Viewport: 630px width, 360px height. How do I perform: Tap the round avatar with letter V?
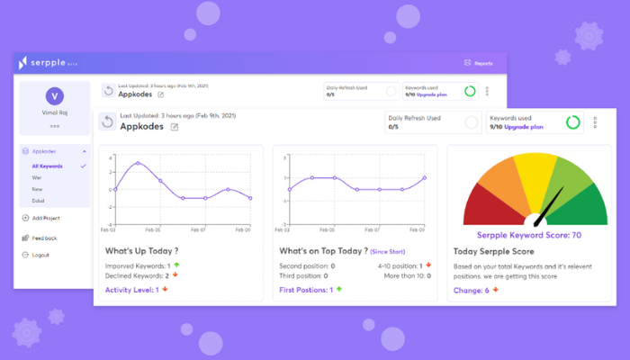tap(54, 97)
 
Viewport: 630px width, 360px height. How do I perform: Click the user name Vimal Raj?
tap(54, 113)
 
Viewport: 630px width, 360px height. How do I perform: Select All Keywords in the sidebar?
tap(47, 166)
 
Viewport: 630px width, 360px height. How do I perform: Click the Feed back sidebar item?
tap(43, 238)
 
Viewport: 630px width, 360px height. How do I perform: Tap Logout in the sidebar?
tap(40, 255)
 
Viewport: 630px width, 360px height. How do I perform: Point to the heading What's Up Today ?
tap(141, 251)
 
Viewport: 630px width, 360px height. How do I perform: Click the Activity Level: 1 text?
tap(132, 290)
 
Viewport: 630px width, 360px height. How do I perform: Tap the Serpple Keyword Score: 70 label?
tap(532, 235)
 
